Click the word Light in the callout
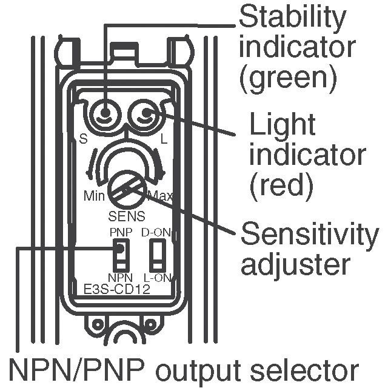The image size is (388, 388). click(x=283, y=125)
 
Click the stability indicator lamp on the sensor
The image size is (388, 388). click(x=105, y=113)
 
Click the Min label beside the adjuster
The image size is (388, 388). click(x=94, y=196)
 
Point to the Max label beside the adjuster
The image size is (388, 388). click(x=160, y=196)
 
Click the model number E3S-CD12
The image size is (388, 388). click(x=118, y=289)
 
